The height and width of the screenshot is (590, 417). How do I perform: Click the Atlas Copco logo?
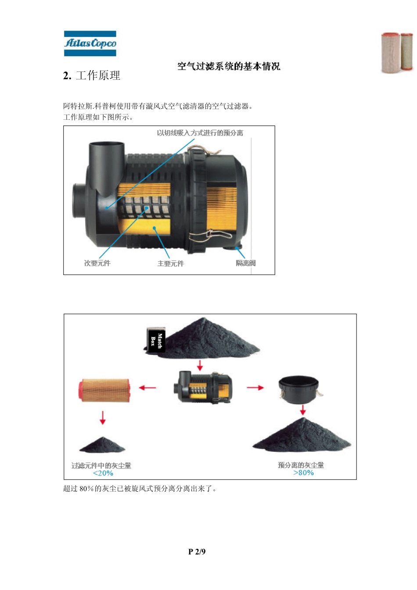(90, 43)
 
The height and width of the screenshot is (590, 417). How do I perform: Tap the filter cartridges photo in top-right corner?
(397, 53)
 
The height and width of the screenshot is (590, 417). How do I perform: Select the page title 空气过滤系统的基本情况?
(229, 66)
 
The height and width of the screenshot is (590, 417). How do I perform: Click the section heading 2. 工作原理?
(91, 75)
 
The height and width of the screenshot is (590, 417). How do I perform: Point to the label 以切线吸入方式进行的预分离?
(200, 133)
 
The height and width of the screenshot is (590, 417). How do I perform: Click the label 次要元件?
(97, 263)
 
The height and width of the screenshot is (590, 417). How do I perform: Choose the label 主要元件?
(171, 263)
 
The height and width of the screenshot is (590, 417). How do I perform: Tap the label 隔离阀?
(245, 263)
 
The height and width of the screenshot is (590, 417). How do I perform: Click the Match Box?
(156, 340)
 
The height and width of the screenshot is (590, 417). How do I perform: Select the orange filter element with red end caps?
(104, 390)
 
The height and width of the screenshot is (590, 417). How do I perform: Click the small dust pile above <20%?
(102, 445)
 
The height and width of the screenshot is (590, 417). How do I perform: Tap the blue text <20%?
(103, 473)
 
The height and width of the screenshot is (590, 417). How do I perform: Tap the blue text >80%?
(303, 473)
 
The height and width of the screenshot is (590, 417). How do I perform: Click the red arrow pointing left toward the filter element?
(147, 388)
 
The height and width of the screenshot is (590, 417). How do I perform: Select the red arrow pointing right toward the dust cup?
(255, 387)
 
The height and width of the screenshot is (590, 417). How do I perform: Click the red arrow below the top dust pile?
(200, 365)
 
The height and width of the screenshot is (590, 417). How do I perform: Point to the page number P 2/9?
(197, 551)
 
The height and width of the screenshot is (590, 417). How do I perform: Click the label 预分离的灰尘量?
(301, 465)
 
